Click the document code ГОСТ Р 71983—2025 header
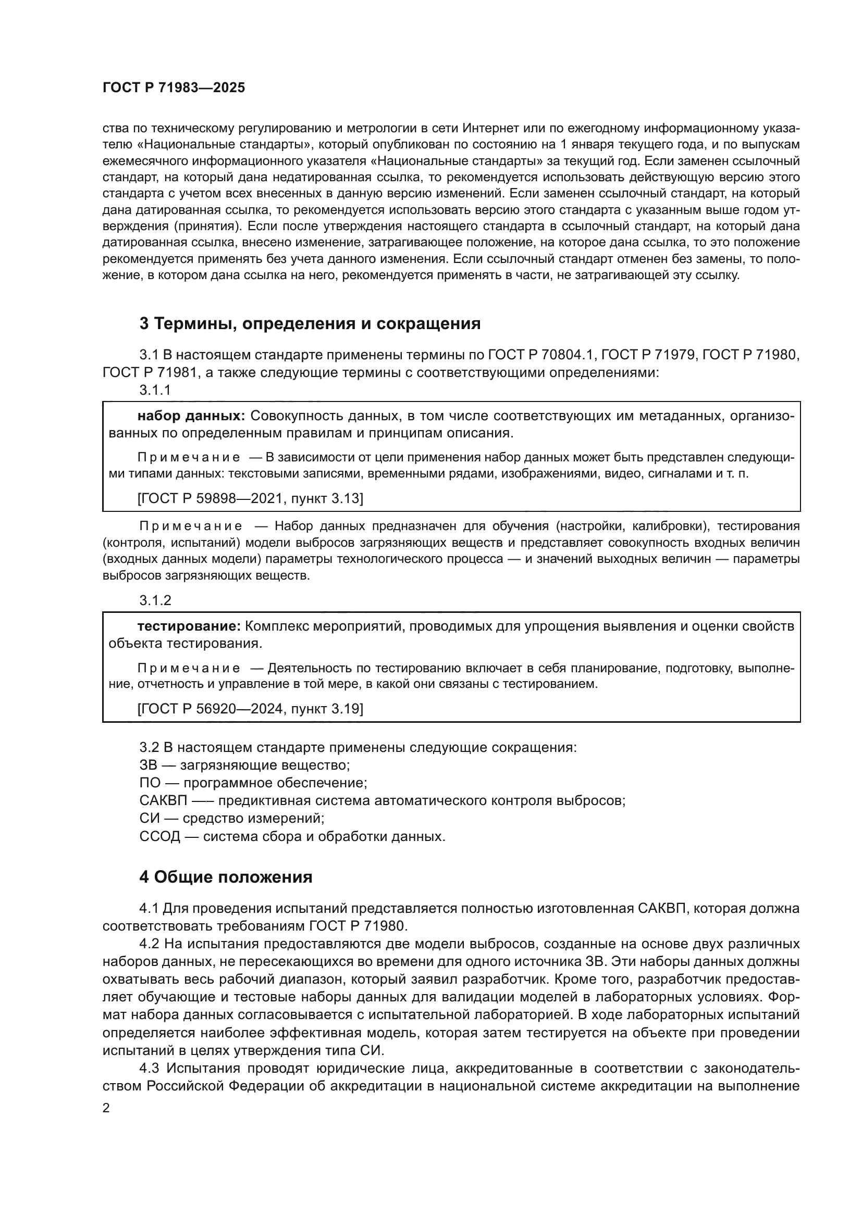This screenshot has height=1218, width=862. pos(174,88)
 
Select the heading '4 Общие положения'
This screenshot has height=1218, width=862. pos(226,877)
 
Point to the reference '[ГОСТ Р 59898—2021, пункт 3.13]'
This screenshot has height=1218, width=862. pos(250,498)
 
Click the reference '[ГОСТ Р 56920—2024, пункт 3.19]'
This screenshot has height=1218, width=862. pos(250,709)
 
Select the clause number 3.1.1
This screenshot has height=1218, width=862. pos(155,390)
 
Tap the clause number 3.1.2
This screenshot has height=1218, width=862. pos(155,600)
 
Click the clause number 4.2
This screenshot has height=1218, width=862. pos(149,944)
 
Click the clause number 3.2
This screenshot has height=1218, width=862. pos(149,747)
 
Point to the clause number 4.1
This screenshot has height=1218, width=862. pos(149,908)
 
